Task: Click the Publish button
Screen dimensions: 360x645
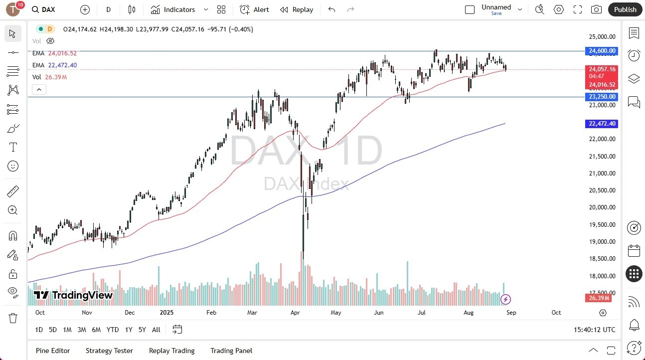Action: (625, 9)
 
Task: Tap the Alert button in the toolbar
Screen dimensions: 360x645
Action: (254, 9)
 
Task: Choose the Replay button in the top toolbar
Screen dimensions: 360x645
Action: (297, 9)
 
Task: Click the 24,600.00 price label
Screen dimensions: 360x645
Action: (602, 51)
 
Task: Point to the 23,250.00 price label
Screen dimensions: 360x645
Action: (602, 97)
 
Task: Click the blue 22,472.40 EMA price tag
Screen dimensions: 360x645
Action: (602, 124)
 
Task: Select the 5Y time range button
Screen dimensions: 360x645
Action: (142, 330)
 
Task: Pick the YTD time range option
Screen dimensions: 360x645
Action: (113, 330)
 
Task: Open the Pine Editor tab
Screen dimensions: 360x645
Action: (53, 351)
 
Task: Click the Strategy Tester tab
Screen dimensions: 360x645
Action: (109, 351)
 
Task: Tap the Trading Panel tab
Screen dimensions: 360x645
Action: (231, 351)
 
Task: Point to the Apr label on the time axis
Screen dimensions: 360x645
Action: (295, 313)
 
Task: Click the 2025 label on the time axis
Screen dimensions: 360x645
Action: (166, 313)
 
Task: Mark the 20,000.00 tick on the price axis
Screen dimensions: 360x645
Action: (602, 207)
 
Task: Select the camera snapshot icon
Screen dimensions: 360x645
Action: (596, 9)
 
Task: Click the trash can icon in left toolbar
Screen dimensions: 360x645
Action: (12, 318)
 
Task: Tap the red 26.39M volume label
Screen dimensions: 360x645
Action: (602, 298)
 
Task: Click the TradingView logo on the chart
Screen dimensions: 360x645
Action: (73, 295)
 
